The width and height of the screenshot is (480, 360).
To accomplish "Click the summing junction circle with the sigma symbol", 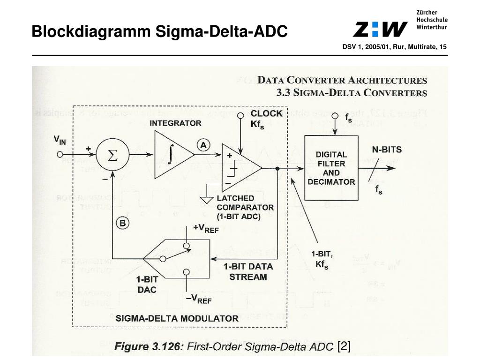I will pos(112,156).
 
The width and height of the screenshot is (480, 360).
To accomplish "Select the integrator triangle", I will pos(171,154).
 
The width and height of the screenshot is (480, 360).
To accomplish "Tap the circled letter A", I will pos(203,145).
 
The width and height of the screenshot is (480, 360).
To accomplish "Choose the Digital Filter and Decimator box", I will pos(331,167).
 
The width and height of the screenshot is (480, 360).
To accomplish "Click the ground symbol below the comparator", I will pos(206,199).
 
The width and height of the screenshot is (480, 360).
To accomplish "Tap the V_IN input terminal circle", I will pos(60,154).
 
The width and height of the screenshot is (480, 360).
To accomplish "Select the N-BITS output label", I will pos(387,150).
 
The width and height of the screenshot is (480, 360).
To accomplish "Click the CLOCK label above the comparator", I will pos(266,113).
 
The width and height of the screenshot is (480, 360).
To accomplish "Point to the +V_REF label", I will pos(206,228).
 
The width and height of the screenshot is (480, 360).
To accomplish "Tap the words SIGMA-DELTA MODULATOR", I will pos(177,318).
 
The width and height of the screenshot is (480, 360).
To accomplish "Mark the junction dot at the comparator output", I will pos(278,168).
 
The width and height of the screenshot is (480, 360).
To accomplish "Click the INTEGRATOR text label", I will pos(175,123).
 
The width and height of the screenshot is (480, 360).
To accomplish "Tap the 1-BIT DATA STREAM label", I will pos(248,271).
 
